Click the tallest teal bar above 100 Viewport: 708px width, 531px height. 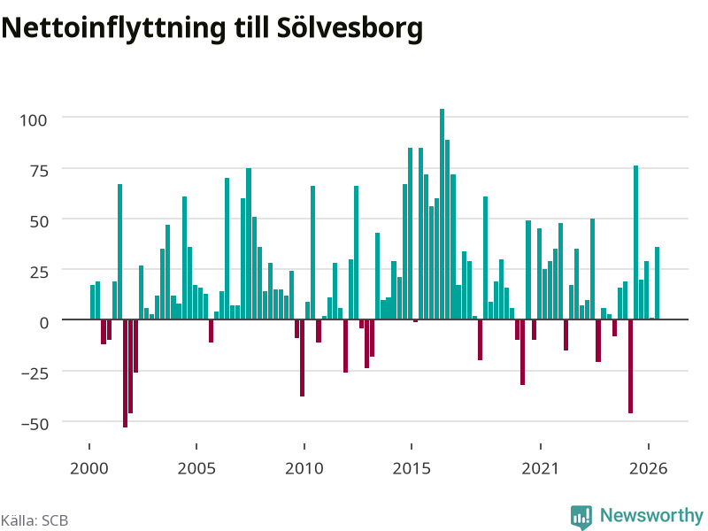pos(442,214)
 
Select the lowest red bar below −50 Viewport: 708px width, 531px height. pos(125,373)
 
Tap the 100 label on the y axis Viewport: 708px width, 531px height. pos(33,120)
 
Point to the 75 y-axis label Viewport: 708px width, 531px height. pos(38,171)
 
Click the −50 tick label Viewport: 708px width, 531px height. pos(35,424)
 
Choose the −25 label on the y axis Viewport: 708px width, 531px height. pos(35,373)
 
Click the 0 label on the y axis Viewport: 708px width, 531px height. pos(43,323)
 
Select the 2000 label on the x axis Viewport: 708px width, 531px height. pos(89,468)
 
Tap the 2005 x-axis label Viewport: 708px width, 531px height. pos(196,468)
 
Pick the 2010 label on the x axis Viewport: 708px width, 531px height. pos(304,468)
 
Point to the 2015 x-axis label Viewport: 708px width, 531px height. pos(412,468)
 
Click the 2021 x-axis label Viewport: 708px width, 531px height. pos(541,468)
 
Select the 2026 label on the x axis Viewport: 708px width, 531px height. pos(649,468)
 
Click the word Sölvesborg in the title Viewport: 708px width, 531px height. pos(350,28)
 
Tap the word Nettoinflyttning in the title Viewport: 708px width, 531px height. pos(113,28)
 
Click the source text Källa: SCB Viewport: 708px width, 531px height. pos(35,520)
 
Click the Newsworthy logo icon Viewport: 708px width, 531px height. pos(581,517)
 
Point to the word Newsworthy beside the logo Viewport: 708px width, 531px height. pos(651,515)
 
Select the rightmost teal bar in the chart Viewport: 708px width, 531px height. pos(657,283)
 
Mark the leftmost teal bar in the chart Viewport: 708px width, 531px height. pos(93,302)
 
